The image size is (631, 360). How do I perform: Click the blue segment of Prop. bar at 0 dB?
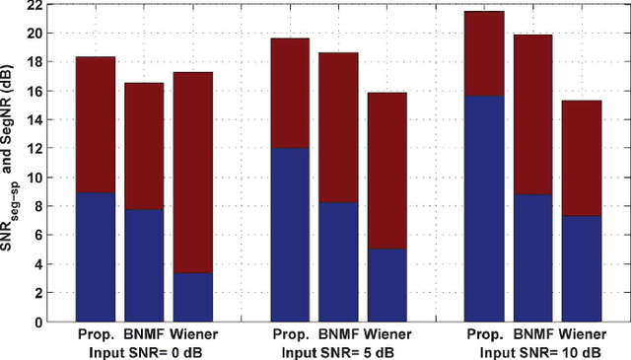[x=95, y=257]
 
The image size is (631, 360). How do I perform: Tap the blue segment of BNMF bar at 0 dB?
[x=144, y=265]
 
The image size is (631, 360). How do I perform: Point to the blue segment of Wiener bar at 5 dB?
[x=386, y=285]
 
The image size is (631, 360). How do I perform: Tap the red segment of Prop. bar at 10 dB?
[x=484, y=53]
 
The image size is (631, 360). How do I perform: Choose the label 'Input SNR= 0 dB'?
[x=144, y=350]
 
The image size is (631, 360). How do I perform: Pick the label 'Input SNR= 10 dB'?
[x=533, y=350]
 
